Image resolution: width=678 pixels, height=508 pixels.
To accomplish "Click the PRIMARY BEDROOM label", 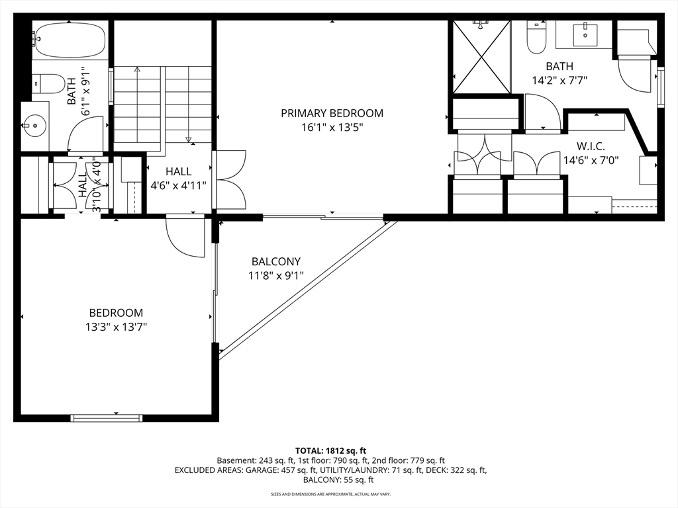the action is (x=332, y=113).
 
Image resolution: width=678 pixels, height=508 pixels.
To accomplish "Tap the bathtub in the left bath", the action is (x=70, y=40).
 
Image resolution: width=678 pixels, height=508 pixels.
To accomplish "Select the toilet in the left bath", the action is (x=48, y=84).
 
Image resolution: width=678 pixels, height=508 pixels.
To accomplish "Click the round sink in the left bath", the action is (x=34, y=126).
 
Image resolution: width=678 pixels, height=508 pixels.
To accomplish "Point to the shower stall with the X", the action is (x=482, y=57).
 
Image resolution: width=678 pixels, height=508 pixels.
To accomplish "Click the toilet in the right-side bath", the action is (x=536, y=38).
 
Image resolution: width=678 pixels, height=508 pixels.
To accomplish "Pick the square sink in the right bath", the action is (x=585, y=35).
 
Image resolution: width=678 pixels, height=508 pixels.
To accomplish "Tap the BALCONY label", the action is (x=276, y=261).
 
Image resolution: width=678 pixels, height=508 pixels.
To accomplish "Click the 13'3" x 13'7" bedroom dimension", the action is (x=117, y=327).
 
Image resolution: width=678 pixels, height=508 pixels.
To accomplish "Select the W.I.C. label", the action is (x=591, y=146).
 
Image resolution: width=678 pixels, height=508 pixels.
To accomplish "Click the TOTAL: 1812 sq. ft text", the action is (x=331, y=451).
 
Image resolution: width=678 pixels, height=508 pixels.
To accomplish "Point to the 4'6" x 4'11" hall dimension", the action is (x=178, y=186).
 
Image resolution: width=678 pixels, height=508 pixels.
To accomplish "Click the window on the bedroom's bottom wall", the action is (x=107, y=418).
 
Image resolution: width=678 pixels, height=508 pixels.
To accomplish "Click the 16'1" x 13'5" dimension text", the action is (x=332, y=128).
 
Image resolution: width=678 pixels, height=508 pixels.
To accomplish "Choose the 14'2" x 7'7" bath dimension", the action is (x=559, y=80).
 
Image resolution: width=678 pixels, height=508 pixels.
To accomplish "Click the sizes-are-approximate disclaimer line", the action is (x=331, y=493).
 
